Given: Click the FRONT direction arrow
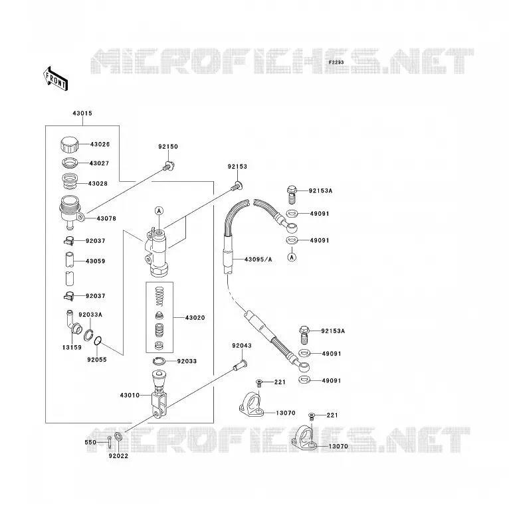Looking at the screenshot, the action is pyautogui.click(x=56, y=79).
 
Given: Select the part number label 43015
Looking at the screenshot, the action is pyautogui.click(x=82, y=113).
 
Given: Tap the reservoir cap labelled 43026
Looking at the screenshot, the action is pyautogui.click(x=69, y=144).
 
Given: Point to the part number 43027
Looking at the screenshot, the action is pyautogui.click(x=99, y=163).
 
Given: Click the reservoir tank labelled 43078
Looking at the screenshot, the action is pyautogui.click(x=71, y=212).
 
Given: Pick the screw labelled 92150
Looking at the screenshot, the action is pyautogui.click(x=169, y=165).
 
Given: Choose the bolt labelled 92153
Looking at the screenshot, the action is pyautogui.click(x=237, y=186).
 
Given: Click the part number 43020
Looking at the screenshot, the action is pyautogui.click(x=195, y=318).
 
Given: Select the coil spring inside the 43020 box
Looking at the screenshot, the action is pyautogui.click(x=159, y=296).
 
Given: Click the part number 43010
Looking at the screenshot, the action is pyautogui.click(x=130, y=395).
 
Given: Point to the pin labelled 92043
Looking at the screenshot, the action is pyautogui.click(x=241, y=365).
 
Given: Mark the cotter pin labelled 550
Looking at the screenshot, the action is pyautogui.click(x=110, y=442).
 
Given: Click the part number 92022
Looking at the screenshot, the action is pyautogui.click(x=118, y=456).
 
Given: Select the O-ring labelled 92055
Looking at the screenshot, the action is pyautogui.click(x=98, y=340).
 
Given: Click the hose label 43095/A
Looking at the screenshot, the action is pyautogui.click(x=258, y=259).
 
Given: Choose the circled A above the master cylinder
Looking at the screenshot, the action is pyautogui.click(x=159, y=211).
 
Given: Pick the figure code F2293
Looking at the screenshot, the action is pyautogui.click(x=336, y=62).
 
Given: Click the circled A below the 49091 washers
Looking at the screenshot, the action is pyautogui.click(x=292, y=257).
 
